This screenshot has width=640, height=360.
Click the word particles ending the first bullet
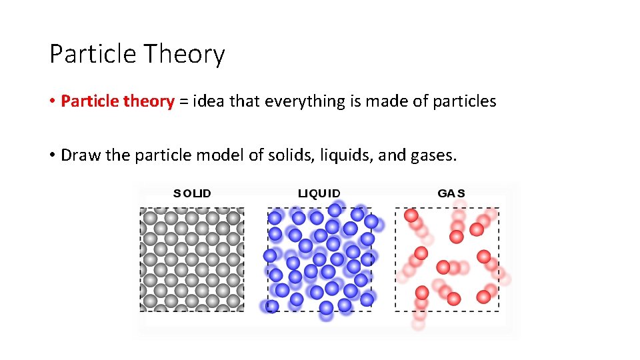[x=464, y=101]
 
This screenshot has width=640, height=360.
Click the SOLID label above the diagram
[x=192, y=194]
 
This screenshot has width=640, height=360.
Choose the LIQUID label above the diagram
[x=319, y=194]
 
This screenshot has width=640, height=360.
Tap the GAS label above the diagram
[x=451, y=194]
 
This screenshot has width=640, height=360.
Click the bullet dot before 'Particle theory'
[x=53, y=102]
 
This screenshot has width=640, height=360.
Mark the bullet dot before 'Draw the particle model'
[x=53, y=156]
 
